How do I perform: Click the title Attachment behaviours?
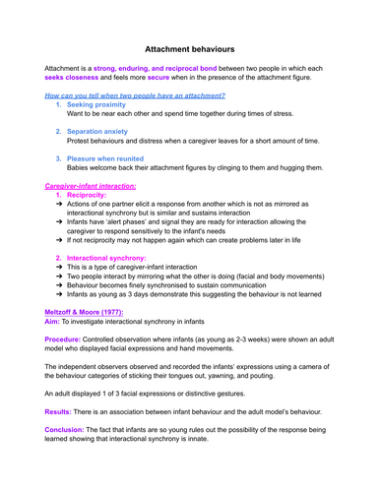tap(189, 47)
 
